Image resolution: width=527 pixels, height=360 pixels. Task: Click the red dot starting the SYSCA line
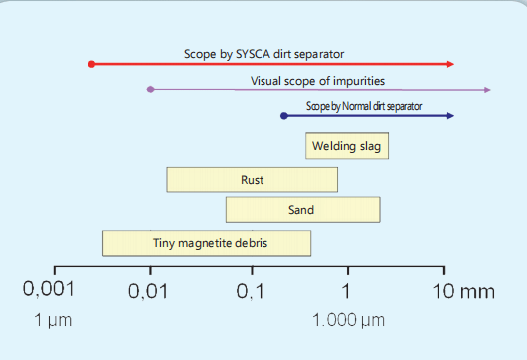(91, 64)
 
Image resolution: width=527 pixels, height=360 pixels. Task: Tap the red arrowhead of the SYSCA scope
(450, 64)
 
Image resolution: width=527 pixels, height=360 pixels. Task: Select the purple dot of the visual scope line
(151, 90)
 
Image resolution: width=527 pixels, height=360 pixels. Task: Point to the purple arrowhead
(488, 90)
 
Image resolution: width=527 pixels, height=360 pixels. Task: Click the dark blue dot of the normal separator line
(284, 116)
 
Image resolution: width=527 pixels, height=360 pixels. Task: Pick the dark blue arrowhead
(450, 116)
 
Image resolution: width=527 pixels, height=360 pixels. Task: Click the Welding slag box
(347, 146)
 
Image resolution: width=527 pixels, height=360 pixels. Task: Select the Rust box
(253, 180)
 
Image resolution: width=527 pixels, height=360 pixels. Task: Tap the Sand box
(303, 210)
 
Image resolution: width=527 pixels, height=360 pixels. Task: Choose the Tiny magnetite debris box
(207, 243)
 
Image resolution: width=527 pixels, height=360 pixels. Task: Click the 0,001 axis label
(49, 289)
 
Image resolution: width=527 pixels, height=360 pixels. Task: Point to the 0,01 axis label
(148, 291)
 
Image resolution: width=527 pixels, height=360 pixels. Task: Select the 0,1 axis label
(250, 291)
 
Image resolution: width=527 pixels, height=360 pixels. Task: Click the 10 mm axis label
(463, 291)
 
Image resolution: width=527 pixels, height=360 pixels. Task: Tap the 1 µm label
(53, 320)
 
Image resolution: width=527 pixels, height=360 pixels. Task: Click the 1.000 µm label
(349, 320)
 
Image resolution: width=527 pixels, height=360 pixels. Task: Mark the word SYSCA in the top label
(254, 54)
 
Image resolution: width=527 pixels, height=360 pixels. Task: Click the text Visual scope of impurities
(317, 81)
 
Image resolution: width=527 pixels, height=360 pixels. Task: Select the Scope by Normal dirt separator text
(364, 106)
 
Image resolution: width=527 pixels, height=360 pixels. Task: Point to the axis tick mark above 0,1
(253, 270)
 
